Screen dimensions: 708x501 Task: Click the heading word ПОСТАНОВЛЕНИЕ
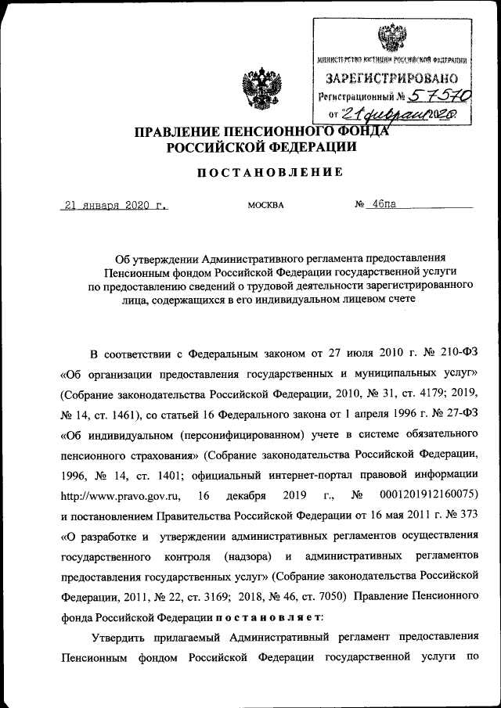click(269, 172)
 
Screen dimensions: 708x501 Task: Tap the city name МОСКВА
click(265, 206)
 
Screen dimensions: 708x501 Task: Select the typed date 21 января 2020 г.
click(115, 205)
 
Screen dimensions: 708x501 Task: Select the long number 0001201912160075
click(426, 495)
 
